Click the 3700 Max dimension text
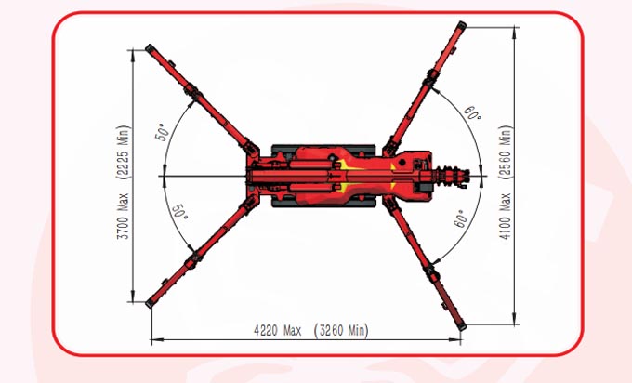124,216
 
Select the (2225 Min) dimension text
124,152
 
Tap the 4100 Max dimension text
506,216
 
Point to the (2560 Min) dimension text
506,152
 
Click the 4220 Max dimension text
277,331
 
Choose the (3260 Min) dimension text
341,331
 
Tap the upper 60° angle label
471,113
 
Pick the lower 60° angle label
462,218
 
